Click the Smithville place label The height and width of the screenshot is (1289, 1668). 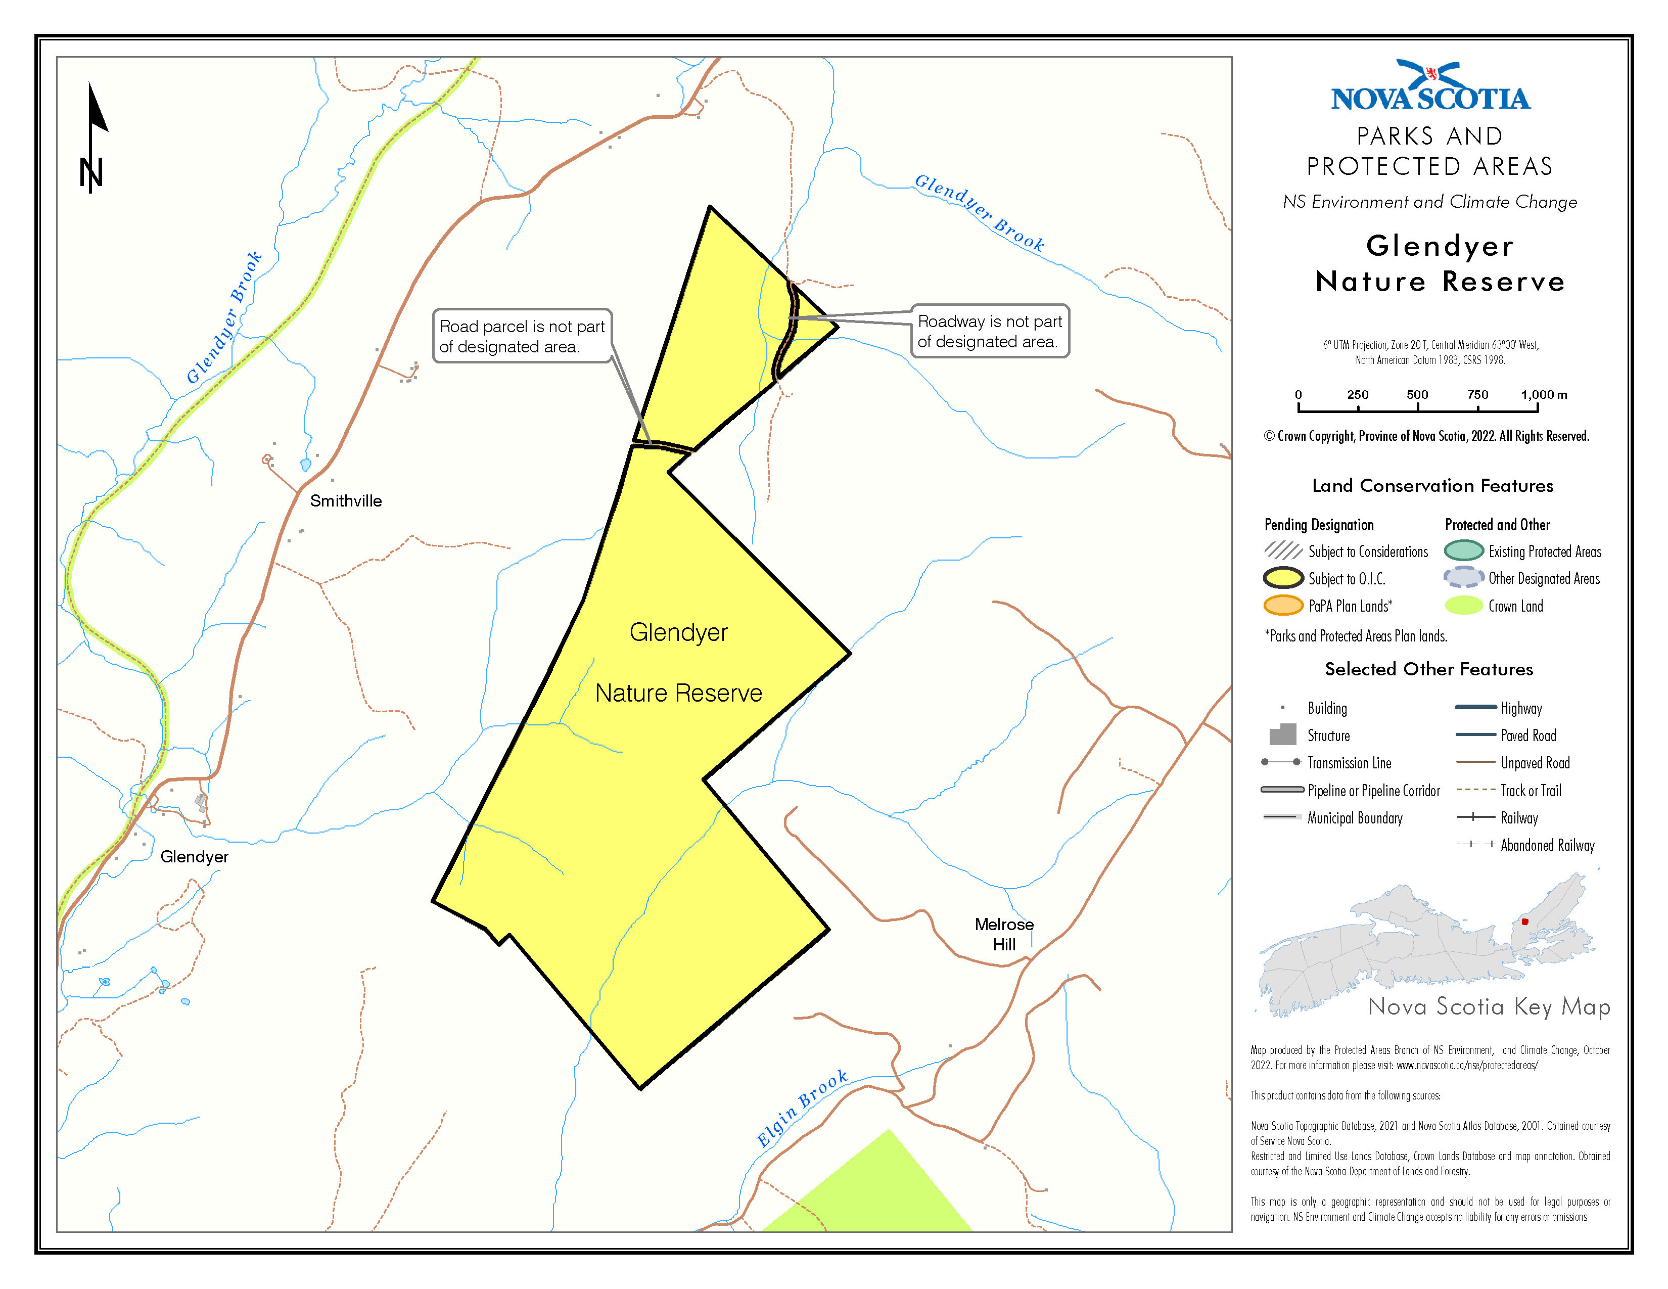coord(345,501)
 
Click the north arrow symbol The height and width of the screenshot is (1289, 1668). coord(94,137)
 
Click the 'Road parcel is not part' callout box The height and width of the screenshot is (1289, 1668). coord(523,336)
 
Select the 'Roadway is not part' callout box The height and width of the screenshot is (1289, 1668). coord(990,332)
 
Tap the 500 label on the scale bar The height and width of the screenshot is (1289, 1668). coord(1417,395)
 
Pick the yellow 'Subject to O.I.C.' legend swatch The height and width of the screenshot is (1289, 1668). coord(1283,578)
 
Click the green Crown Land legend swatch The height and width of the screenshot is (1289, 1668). coord(1463,606)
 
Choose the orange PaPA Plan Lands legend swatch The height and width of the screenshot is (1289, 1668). coord(1283,606)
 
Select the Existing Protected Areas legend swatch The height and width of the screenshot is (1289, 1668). coord(1463,550)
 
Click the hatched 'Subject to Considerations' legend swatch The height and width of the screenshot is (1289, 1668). coord(1283,550)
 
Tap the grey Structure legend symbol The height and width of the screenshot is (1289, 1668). coord(1283,734)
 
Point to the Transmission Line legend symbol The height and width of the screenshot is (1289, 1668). coord(1281,762)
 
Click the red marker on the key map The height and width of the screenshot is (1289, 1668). coord(1524,922)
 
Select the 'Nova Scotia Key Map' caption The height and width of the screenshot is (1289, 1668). coord(1489,1006)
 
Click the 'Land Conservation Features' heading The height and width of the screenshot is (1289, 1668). coord(1432,486)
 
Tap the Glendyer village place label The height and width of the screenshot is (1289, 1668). coord(194,857)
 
